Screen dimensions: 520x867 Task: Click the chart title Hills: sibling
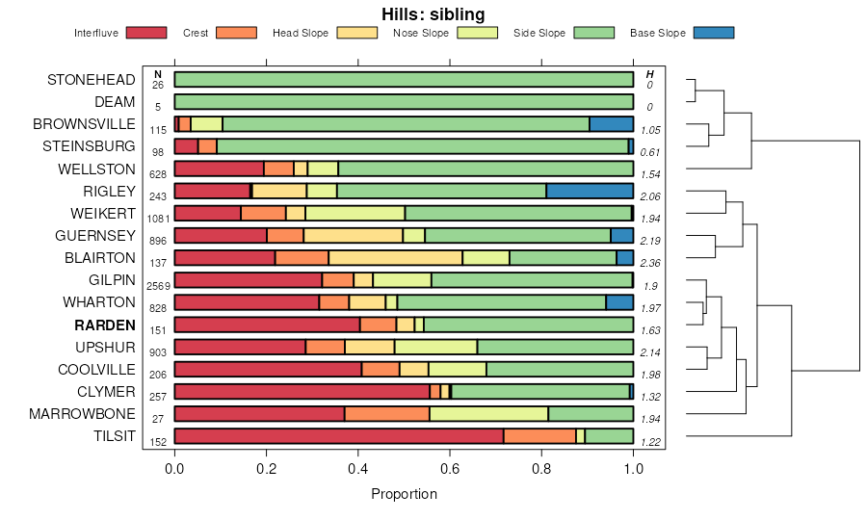click(x=433, y=13)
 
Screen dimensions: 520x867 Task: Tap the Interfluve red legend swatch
click(x=145, y=33)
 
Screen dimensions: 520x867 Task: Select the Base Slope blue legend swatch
click(x=713, y=33)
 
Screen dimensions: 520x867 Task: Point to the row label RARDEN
click(x=106, y=325)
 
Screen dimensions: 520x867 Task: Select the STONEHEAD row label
click(x=92, y=80)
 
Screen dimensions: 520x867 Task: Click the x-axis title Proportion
click(x=404, y=494)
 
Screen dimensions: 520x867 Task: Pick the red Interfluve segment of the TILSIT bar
click(x=338, y=436)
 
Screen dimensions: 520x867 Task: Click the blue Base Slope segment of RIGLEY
click(x=590, y=191)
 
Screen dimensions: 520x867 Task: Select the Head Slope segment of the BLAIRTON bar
click(x=395, y=257)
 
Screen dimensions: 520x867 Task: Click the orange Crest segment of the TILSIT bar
click(x=539, y=436)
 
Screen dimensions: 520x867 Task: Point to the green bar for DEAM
click(x=404, y=101)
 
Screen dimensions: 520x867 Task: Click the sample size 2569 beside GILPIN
click(x=158, y=286)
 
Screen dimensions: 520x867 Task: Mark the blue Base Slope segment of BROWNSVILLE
click(x=611, y=123)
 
